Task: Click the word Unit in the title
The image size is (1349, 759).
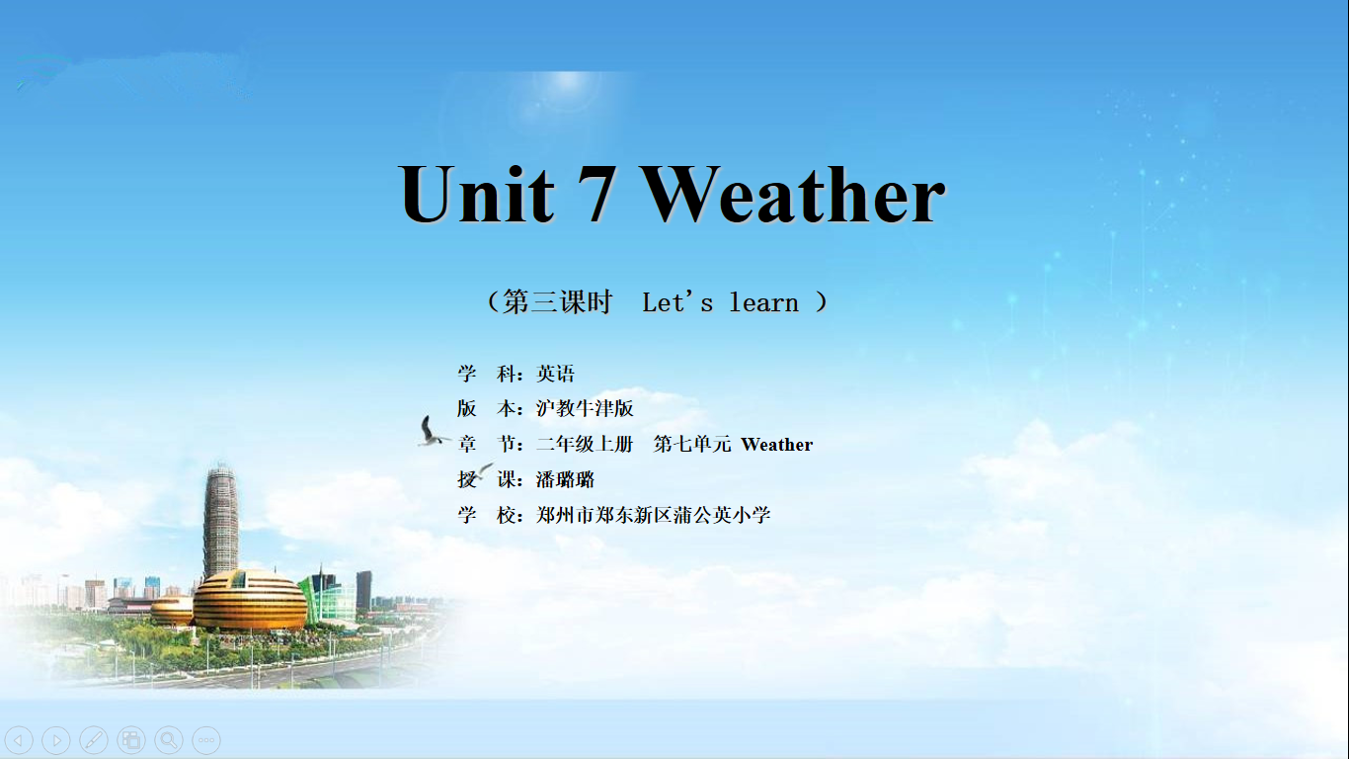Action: click(476, 194)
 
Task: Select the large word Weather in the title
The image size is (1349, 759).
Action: click(793, 194)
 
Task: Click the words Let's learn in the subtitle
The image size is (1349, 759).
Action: click(720, 302)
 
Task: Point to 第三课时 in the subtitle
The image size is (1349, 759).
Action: click(557, 301)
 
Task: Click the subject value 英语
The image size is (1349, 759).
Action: click(555, 374)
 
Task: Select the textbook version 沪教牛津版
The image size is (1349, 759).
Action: click(585, 409)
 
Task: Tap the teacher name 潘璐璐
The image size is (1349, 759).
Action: click(565, 480)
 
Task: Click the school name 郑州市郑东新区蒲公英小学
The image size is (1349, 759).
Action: click(654, 515)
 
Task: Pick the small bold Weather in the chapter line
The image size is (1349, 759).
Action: click(777, 445)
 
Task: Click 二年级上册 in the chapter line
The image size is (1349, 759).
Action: click(585, 445)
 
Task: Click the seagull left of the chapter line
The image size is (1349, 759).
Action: click(433, 432)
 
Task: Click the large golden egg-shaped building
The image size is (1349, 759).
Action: click(250, 601)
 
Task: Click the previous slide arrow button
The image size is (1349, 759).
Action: click(20, 739)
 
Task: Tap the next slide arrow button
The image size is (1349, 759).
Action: click(56, 739)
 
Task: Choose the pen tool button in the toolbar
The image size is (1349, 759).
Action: click(94, 739)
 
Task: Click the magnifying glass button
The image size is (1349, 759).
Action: click(169, 739)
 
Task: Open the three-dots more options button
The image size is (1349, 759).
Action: click(206, 739)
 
